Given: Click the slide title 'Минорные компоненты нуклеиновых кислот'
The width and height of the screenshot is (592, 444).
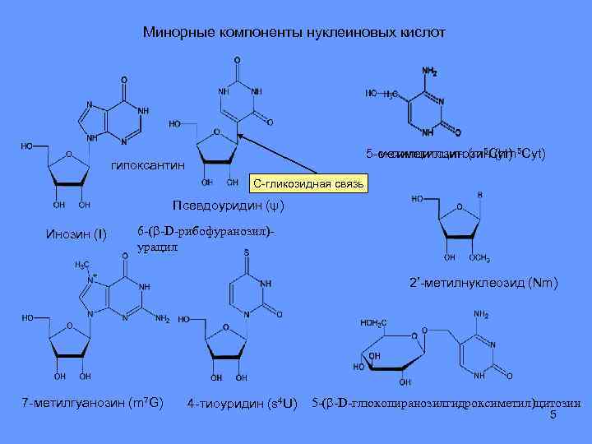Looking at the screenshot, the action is point(294,33).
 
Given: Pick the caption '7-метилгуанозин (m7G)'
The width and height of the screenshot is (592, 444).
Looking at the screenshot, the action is point(92,402).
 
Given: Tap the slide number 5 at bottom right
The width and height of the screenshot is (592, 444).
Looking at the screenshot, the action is point(553,415).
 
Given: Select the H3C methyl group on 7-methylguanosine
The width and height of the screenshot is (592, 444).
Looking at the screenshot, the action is point(83,265).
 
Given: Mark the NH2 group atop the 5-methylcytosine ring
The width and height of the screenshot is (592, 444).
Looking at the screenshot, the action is point(429,72).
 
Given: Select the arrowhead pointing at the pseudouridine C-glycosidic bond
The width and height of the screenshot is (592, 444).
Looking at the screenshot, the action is point(240,137).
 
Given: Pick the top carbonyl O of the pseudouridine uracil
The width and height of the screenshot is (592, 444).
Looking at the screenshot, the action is point(238,60).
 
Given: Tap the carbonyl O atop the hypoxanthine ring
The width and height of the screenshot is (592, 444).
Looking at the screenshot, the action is point(124,81).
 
